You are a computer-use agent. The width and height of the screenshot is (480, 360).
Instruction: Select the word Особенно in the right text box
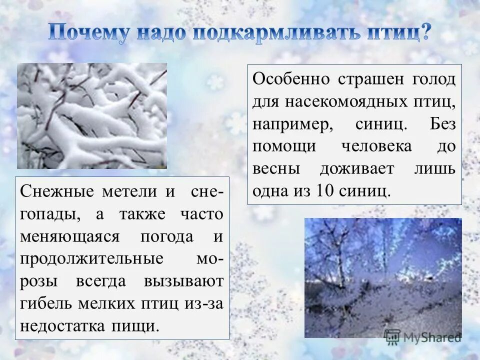click(291, 79)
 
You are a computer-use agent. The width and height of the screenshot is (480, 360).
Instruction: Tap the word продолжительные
click(92, 259)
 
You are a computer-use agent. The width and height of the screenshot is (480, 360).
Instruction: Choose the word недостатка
click(60, 326)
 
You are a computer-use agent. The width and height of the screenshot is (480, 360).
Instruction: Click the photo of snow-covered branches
click(92, 115)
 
